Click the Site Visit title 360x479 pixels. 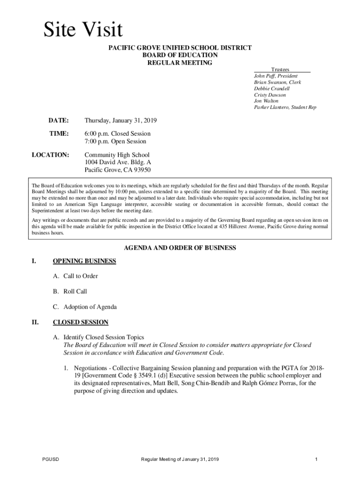[x=83, y=30]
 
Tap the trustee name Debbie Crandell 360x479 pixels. [x=272, y=88]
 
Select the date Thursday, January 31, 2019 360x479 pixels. [x=120, y=121]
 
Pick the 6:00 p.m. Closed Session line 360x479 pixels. [x=117, y=133]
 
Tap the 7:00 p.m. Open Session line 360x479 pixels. [x=115, y=141]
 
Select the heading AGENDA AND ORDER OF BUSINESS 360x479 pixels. [x=180, y=248]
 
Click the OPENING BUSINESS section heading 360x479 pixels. [x=84, y=261]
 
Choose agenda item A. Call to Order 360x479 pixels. [x=75, y=276]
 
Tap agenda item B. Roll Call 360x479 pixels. [x=70, y=291]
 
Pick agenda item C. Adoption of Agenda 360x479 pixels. [x=85, y=307]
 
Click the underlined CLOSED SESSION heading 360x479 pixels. [x=80, y=322]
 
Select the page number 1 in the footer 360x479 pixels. [x=317, y=459]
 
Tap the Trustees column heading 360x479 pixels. [x=280, y=69]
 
